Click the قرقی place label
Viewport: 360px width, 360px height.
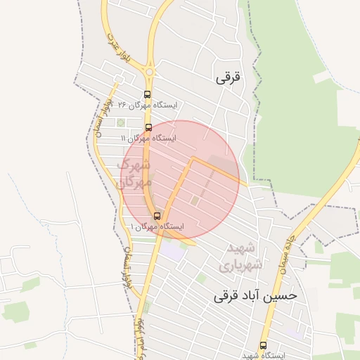pyautogui.click(x=229, y=78)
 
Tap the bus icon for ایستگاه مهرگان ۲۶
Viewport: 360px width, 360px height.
pyautogui.click(x=147, y=94)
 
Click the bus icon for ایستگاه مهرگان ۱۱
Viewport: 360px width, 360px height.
pyautogui.click(x=148, y=127)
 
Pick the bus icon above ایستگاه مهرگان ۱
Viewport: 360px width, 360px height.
pyautogui.click(x=156, y=216)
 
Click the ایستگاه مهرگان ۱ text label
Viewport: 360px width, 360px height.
pyautogui.click(x=157, y=227)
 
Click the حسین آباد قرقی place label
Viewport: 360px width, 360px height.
pyautogui.click(x=255, y=296)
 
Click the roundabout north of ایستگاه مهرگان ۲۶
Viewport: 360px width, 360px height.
pyautogui.click(x=148, y=71)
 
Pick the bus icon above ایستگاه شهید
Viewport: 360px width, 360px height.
pyautogui.click(x=263, y=345)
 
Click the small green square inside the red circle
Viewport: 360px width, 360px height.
pyautogui.click(x=195, y=202)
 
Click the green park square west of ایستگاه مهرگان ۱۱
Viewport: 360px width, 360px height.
pyautogui.click(x=120, y=124)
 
